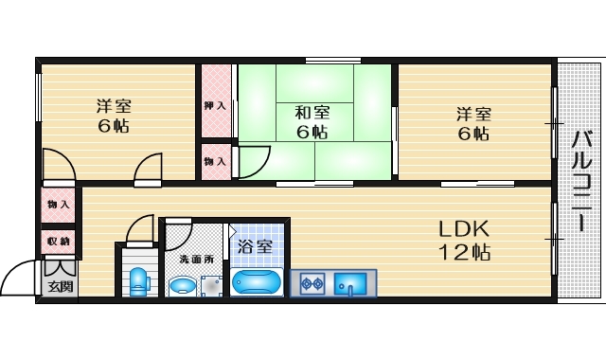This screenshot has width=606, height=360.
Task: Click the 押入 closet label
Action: (x=215, y=105)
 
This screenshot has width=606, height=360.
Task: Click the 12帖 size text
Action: (x=463, y=253)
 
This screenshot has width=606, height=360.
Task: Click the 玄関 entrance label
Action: (x=58, y=285)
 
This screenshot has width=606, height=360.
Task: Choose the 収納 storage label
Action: (x=58, y=242)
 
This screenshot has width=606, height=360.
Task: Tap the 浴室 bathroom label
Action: (x=255, y=246)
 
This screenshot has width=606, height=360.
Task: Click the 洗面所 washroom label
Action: (x=196, y=259)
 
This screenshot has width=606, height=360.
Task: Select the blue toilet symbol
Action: (x=140, y=280)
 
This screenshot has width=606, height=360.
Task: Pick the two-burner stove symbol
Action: (x=313, y=282)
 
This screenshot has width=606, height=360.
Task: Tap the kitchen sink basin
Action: (x=352, y=282)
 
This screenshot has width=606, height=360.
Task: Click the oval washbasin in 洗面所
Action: (x=181, y=283)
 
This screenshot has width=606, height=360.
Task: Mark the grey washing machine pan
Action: (x=210, y=284)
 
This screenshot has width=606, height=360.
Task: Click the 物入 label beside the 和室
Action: (x=215, y=162)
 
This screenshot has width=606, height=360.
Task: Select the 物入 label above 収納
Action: (x=58, y=205)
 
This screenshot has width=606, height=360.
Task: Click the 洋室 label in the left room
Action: (x=112, y=104)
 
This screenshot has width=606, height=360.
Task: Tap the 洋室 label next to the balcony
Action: (x=473, y=113)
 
